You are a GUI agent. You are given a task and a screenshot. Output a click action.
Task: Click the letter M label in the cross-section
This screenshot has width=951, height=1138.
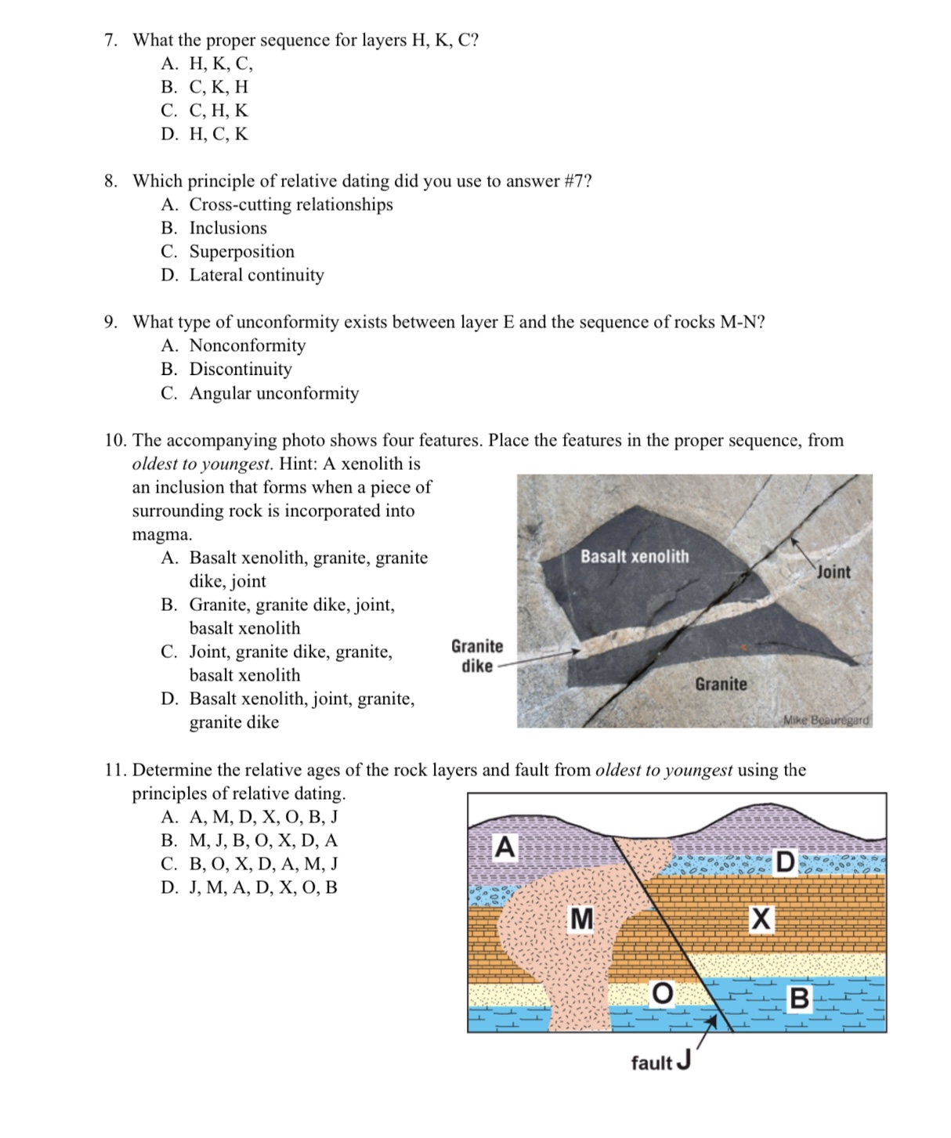click(581, 919)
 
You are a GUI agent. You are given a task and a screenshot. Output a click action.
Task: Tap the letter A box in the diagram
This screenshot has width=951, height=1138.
click(506, 847)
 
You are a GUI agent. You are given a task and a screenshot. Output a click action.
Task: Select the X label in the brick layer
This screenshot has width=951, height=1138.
click(761, 919)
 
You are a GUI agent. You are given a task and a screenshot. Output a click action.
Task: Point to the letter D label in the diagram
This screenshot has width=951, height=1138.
click(785, 863)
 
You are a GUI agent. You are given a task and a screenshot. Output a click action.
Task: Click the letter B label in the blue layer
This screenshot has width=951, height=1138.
click(799, 999)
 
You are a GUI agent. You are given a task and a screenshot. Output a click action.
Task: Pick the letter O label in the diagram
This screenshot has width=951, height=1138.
click(662, 993)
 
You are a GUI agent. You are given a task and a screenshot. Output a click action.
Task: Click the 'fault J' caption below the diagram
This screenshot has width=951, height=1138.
click(660, 1062)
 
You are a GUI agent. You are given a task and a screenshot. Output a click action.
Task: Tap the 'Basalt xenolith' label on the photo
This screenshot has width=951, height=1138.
click(635, 557)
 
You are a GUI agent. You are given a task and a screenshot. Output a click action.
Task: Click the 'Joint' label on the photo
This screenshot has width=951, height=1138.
click(833, 572)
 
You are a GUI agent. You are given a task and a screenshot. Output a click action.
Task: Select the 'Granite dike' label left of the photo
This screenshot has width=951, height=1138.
click(476, 656)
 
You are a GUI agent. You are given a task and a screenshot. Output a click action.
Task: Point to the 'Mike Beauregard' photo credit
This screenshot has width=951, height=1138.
click(826, 720)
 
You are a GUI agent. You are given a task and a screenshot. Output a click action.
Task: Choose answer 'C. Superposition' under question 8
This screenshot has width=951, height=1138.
click(228, 251)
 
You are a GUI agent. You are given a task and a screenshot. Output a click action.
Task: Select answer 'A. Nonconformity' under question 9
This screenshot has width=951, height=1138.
click(233, 345)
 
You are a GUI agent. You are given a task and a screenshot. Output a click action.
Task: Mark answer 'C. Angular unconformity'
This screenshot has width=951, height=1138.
click(260, 393)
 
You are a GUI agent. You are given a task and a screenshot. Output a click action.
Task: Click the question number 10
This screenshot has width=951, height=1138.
click(115, 440)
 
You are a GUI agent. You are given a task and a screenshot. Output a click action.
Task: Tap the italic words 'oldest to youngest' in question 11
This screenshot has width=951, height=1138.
click(664, 770)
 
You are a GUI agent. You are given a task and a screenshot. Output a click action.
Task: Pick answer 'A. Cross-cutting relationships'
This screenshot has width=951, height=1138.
click(277, 204)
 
